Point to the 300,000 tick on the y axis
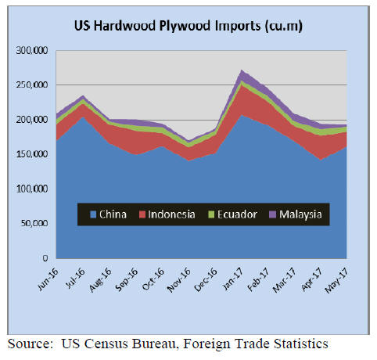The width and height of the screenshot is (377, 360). click(x=32, y=50)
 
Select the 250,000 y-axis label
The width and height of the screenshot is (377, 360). click(x=32, y=85)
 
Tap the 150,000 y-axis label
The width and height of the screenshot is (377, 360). click(x=32, y=154)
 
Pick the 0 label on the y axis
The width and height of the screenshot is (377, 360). click(x=45, y=258)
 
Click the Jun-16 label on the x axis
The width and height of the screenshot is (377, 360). click(x=48, y=279)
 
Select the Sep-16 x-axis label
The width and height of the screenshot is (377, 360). click(x=127, y=279)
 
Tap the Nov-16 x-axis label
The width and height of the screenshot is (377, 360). click(x=179, y=280)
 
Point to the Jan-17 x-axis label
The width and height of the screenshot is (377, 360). click(x=232, y=279)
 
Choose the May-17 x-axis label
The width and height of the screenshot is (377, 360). click(x=336, y=281)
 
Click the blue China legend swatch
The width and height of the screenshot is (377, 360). click(x=93, y=214)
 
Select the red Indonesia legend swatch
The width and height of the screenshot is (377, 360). click(x=142, y=214)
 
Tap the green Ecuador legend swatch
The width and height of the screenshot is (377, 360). click(x=211, y=214)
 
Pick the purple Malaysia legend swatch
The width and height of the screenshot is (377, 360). click(x=272, y=214)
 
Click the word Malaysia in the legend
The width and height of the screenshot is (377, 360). click(x=300, y=214)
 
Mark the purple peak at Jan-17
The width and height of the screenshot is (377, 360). click(x=242, y=70)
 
